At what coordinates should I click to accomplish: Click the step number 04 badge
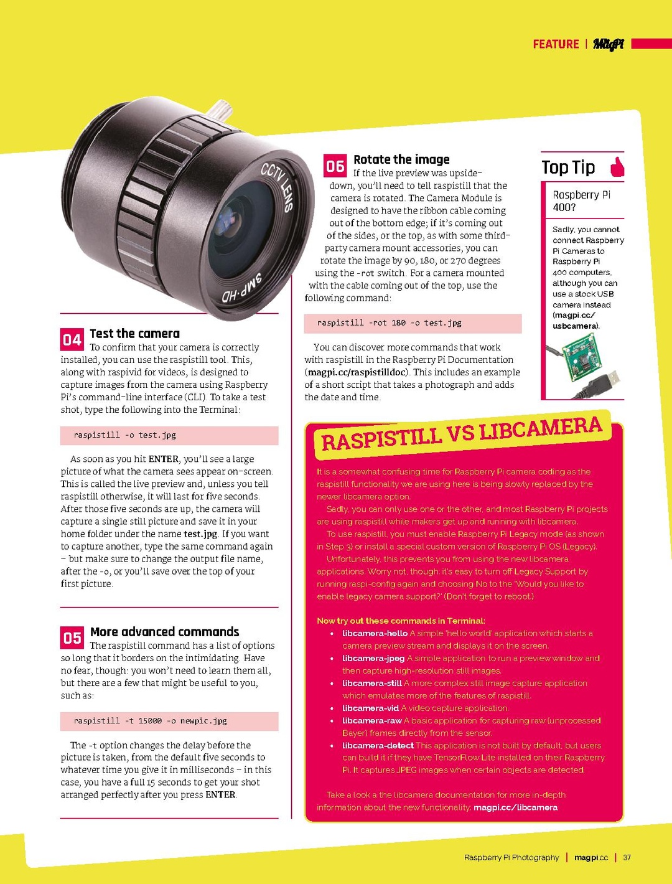pos(72,339)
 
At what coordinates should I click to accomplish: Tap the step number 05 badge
pos(72,637)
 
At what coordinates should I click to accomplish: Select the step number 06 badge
pos(335,166)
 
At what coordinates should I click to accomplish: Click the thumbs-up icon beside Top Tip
pos(617,167)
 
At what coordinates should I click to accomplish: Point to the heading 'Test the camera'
pos(134,334)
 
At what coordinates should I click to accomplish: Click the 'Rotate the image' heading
pos(401,159)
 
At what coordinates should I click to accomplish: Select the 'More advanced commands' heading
pos(164,632)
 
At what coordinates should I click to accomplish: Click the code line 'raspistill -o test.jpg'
pos(124,435)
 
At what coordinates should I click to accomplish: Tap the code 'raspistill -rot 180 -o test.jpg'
pos(389,323)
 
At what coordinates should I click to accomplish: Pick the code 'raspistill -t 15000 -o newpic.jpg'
pos(150,721)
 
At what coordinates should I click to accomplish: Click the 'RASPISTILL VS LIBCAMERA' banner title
pos(461,433)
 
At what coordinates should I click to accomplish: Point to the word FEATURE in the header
pos(556,44)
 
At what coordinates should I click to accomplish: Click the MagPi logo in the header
pos(608,44)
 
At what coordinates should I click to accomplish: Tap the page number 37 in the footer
pos(627,857)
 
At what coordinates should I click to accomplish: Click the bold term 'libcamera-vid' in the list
pos(370,708)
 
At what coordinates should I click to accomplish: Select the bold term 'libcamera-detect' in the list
pos(378,745)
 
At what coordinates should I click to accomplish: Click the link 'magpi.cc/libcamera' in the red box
pos(515,807)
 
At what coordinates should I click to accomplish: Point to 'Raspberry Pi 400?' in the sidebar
pos(581,200)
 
